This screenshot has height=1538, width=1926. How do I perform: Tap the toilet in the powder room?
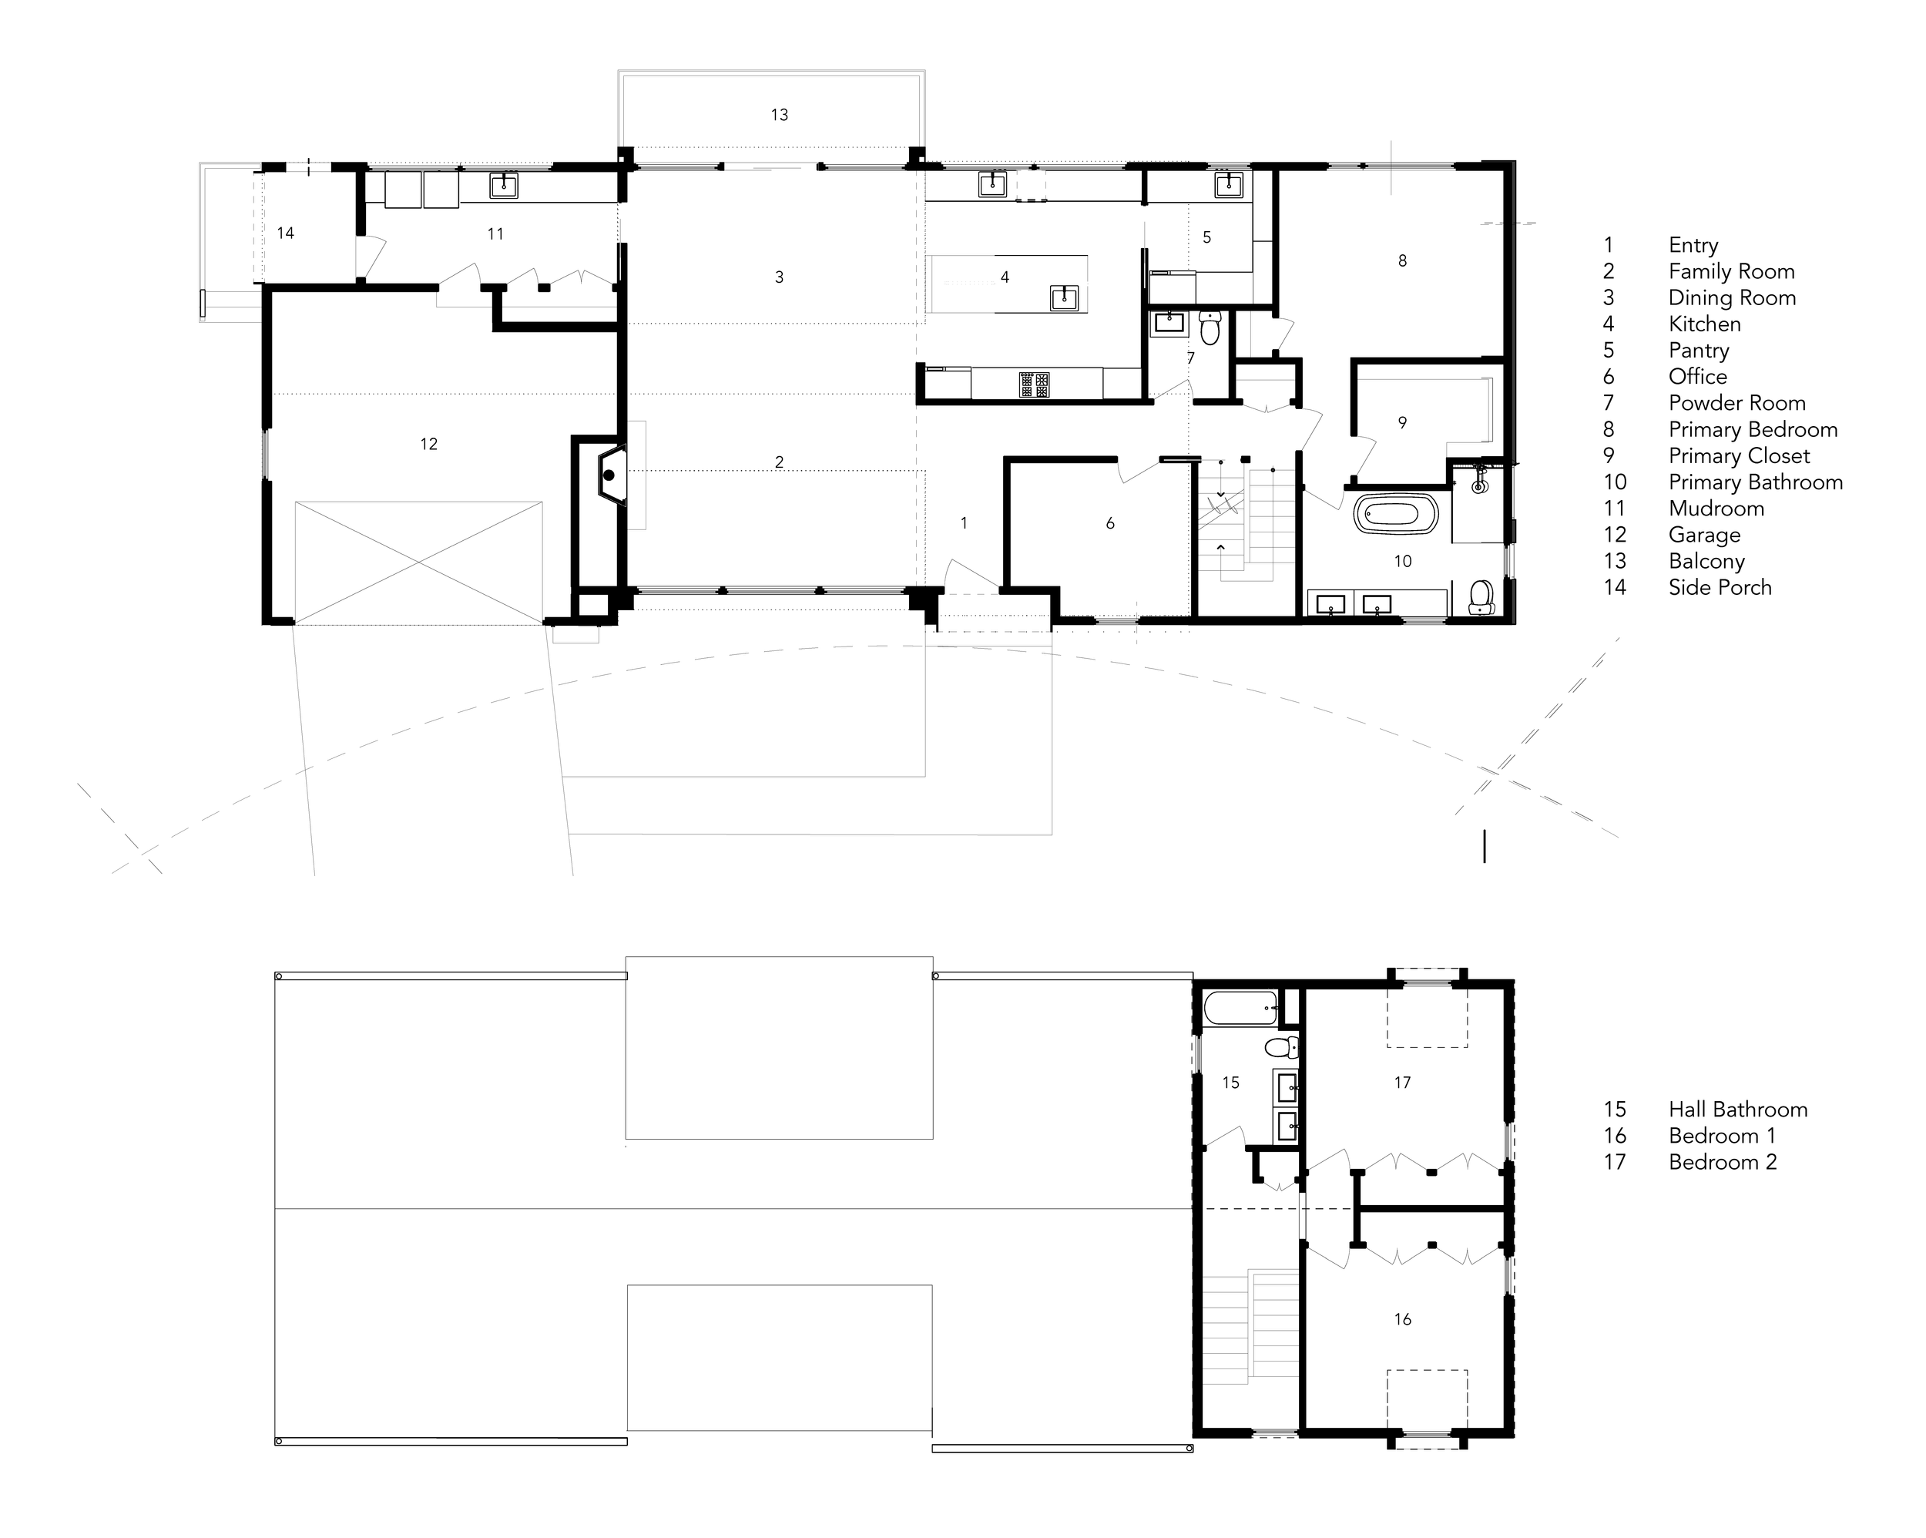coord(1210,328)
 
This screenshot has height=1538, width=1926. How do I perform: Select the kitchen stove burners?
coord(1035,384)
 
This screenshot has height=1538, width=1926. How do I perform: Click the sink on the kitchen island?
coord(1064,297)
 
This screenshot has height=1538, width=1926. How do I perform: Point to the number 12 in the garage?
coord(429,444)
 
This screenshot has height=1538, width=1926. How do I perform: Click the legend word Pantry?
coord(1698,351)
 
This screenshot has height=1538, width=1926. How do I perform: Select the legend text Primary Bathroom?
coord(1756,482)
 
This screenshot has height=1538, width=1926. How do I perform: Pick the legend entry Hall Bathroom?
coord(1737,1110)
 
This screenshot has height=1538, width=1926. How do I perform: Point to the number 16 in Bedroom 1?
coord(1403,1319)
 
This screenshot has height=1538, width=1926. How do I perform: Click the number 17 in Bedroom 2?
coord(1403,1083)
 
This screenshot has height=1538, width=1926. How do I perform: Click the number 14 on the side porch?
coord(285,233)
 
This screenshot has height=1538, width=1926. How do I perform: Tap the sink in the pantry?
coord(1228,184)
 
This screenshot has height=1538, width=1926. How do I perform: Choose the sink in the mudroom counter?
coord(504,185)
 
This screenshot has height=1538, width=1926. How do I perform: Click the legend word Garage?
coord(1703,536)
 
